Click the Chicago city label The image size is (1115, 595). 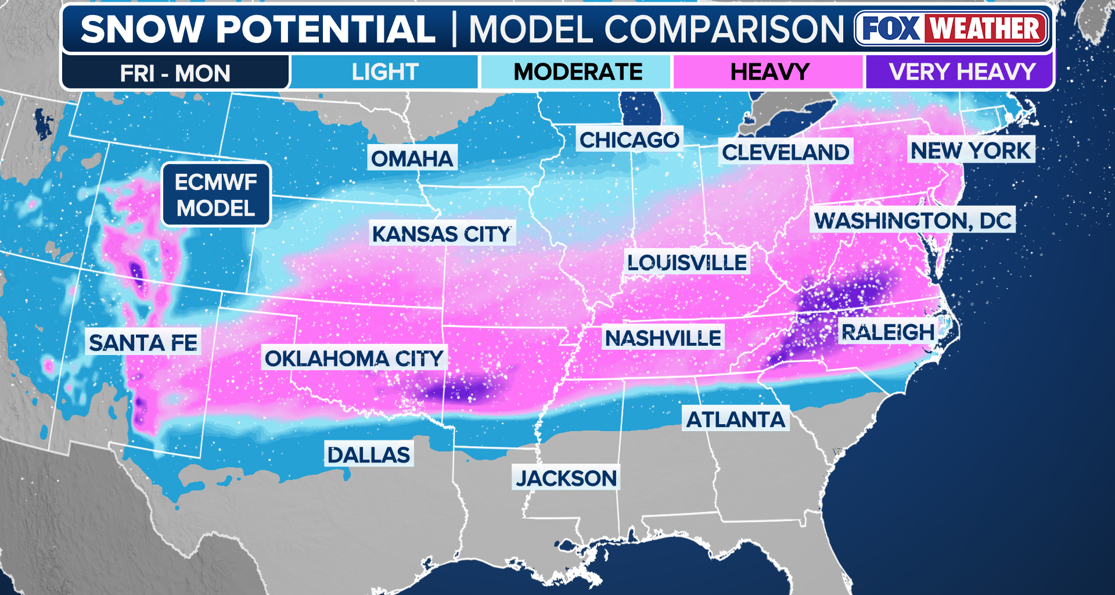630,140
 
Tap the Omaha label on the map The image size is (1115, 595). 412,158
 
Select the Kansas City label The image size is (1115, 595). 442,234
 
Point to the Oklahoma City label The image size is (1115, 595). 354,359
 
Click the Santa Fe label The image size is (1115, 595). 143,343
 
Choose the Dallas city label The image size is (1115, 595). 369,454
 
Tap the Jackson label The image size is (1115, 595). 566,478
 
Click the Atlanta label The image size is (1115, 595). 735,419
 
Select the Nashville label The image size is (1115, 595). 663,338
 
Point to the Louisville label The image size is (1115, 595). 687,263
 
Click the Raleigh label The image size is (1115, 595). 888,332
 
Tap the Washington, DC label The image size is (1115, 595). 913,221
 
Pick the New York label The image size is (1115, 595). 970,150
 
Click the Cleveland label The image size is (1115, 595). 785,152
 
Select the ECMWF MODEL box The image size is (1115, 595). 216,195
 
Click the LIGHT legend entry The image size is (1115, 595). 384,72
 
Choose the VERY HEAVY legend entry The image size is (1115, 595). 961,72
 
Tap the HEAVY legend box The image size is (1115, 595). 769,72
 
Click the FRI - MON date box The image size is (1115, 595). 175,73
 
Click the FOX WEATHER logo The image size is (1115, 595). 952,28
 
